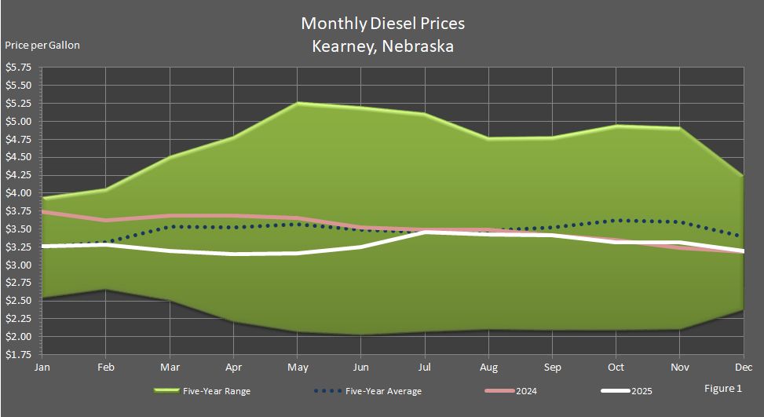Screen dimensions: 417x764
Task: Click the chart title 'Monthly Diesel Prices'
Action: click(x=382, y=24)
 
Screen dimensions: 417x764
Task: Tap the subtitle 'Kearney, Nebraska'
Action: click(x=382, y=46)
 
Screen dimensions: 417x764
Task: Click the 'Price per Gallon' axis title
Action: click(x=42, y=45)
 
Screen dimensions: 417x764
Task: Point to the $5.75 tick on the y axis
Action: click(x=19, y=68)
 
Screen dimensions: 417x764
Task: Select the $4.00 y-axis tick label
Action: click(x=19, y=193)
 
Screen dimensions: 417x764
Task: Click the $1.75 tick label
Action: click(x=19, y=354)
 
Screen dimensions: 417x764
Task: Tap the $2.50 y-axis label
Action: click(x=19, y=301)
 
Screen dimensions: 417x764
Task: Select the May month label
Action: click(x=297, y=366)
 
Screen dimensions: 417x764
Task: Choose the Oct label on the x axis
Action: click(x=616, y=366)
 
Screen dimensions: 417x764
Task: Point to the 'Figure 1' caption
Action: click(x=723, y=388)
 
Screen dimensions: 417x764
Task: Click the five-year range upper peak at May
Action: click(x=297, y=103)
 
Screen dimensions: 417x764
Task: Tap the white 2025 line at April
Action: click(x=233, y=254)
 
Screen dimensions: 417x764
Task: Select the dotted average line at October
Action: click(x=616, y=221)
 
